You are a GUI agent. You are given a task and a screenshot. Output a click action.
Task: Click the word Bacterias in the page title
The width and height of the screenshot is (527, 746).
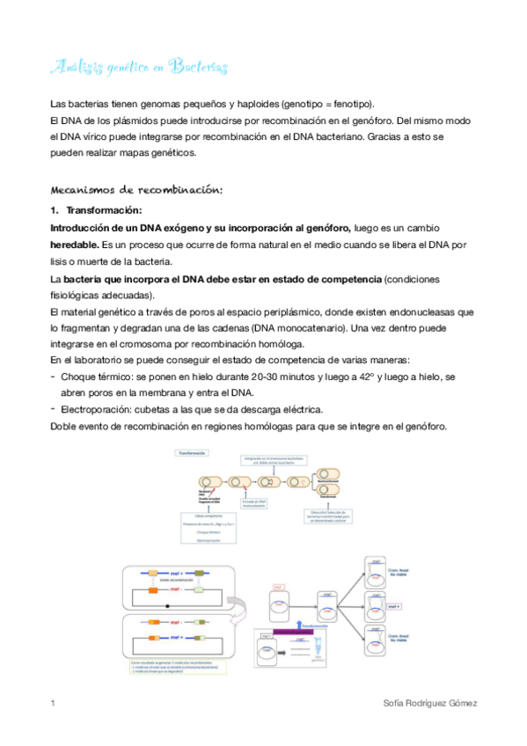pos(199,67)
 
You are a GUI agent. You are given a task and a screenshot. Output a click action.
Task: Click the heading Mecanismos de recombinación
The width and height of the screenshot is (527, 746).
pos(137,189)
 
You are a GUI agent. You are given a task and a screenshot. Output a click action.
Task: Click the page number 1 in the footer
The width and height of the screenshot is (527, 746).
pos(54,704)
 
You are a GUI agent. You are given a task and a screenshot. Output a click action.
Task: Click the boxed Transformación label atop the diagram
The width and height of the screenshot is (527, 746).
pos(192,454)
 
